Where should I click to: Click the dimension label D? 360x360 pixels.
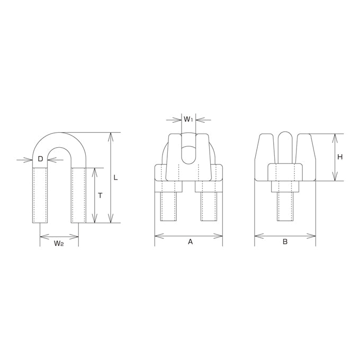click(x=40, y=159)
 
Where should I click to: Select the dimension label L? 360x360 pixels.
click(x=116, y=177)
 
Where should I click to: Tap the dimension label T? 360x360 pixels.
click(x=100, y=195)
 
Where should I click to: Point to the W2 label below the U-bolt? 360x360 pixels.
click(x=59, y=244)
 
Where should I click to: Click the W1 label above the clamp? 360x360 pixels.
click(x=188, y=120)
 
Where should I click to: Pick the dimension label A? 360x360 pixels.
click(x=190, y=241)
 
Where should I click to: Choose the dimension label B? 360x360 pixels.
click(x=285, y=241)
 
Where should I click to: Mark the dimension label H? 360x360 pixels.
click(x=340, y=157)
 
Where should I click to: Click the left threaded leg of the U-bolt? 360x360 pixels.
click(x=40, y=195)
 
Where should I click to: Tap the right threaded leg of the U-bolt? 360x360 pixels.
click(x=78, y=195)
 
